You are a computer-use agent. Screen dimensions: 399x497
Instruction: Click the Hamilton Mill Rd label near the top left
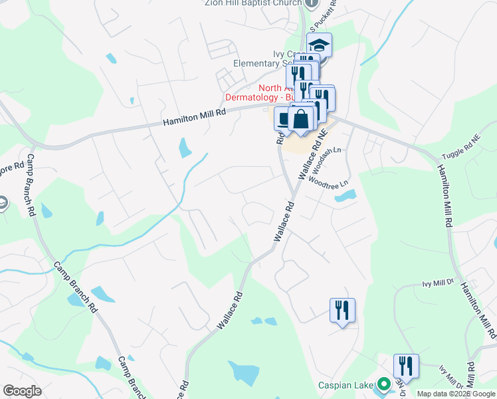[195, 118]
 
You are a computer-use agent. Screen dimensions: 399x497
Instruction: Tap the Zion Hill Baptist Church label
[253, 3]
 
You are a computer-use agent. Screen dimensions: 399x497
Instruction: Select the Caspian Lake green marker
[383, 384]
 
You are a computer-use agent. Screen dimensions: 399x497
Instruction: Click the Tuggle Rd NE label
[460, 148]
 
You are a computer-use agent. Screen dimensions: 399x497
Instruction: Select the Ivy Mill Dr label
[437, 283]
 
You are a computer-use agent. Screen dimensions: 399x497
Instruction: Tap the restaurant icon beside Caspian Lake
[405, 365]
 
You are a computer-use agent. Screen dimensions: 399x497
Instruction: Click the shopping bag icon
[301, 119]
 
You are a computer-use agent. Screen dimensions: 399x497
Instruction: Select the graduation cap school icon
[319, 45]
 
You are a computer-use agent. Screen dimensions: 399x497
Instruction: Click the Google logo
[22, 391]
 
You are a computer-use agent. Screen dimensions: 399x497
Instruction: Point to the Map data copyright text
[456, 394]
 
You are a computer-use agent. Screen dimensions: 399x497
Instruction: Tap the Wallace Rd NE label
[314, 154]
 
